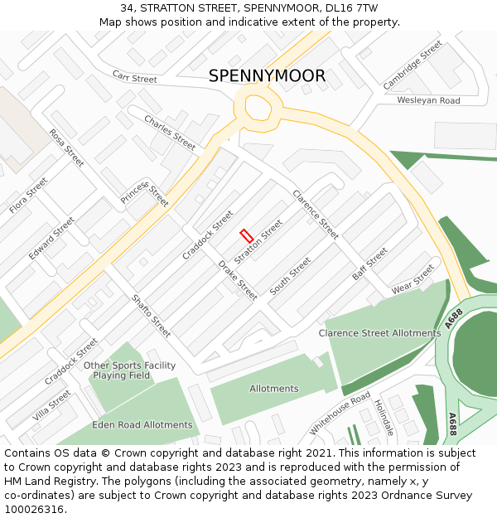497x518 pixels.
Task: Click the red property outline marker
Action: [x=245, y=235]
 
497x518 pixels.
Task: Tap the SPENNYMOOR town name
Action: [x=267, y=76]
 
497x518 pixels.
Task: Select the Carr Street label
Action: [x=134, y=78]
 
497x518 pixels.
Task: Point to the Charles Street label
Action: [x=170, y=133]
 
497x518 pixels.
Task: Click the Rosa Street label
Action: [x=66, y=148]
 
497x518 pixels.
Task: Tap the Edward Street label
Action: [x=51, y=239]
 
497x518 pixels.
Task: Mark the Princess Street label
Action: [x=145, y=194]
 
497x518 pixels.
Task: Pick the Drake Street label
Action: [x=238, y=280]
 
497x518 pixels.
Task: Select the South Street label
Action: [x=290, y=277]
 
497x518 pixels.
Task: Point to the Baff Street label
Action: [x=369, y=264]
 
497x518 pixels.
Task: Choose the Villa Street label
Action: [x=52, y=405]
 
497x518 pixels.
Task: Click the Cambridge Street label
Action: [x=413, y=65]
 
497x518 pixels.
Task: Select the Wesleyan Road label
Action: [x=428, y=100]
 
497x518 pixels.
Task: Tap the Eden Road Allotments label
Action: [x=142, y=425]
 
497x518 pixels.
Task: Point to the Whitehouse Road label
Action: [x=340, y=413]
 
